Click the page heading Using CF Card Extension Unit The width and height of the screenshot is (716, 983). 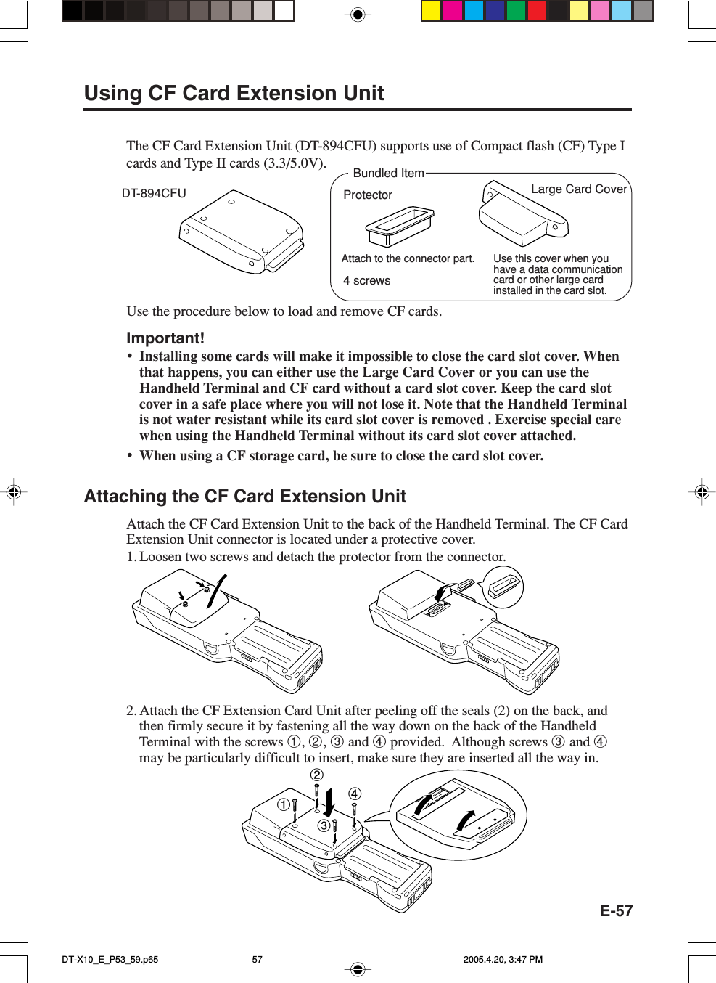pos(234,93)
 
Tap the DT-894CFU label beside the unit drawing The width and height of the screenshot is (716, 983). pos(154,193)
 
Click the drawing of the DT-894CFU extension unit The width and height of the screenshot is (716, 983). pos(242,232)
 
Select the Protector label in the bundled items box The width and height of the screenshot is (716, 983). pos(367,195)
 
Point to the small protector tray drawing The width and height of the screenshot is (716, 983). pos(400,226)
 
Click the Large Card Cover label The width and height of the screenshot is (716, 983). pos(578,189)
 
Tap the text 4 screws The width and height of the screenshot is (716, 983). pos(366,281)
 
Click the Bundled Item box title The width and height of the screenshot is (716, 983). pos(388,173)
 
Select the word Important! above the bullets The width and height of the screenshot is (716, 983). pos(165,338)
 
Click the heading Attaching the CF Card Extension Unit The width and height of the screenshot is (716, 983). pos(244,496)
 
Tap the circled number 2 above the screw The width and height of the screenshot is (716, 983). pos(317,775)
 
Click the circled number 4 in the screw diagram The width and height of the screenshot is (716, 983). pos(354,794)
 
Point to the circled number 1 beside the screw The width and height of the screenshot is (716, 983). pos(284,804)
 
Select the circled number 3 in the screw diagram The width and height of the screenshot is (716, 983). pos(324,825)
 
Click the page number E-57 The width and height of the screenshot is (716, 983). pos(616,911)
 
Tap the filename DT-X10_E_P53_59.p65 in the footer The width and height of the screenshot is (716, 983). pos(110,959)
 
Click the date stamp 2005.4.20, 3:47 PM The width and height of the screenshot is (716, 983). pos(503,959)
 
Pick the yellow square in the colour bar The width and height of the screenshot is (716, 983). pos(431,11)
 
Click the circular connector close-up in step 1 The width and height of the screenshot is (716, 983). pos(503,587)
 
